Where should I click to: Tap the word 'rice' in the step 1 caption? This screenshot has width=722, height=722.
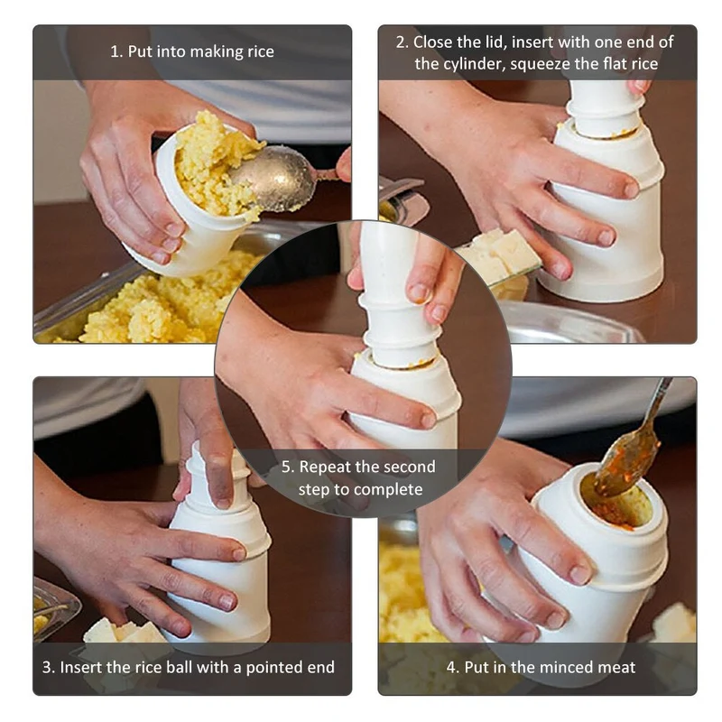click(261, 51)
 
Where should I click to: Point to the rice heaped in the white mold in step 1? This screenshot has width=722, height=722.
click(215, 164)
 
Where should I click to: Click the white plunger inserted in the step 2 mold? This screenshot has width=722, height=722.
click(602, 108)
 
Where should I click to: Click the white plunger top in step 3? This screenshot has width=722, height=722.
click(217, 476)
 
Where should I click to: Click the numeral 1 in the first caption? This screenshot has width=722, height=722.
click(115, 51)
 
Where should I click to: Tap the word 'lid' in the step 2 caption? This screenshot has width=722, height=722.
click(495, 42)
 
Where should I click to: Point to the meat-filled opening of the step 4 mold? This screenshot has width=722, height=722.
click(616, 501)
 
